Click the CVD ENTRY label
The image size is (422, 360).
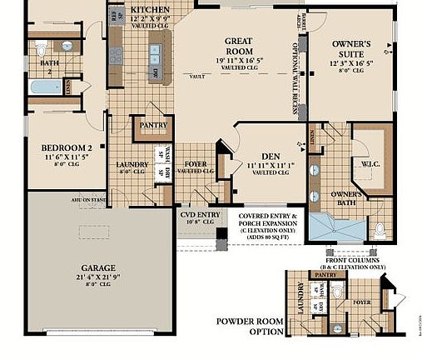point(200,214)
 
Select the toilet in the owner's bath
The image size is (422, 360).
point(379,228)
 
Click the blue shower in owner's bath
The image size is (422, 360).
point(336,226)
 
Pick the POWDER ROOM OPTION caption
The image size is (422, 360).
point(247,326)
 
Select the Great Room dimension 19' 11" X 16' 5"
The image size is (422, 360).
point(239,60)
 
